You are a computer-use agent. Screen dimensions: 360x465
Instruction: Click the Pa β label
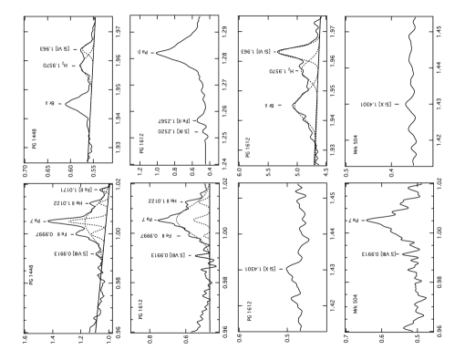click(x=142, y=52)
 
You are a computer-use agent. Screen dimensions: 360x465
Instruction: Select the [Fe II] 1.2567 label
click(x=174, y=120)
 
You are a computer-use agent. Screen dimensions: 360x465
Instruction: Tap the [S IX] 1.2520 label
click(x=173, y=131)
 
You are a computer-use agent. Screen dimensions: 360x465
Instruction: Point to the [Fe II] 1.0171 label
click(x=74, y=190)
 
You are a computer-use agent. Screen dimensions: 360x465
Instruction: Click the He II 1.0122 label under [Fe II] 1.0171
click(x=67, y=203)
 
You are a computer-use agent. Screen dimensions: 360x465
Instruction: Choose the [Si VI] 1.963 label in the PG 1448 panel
click(x=56, y=49)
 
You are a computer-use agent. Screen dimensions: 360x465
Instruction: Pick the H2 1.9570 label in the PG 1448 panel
click(x=56, y=66)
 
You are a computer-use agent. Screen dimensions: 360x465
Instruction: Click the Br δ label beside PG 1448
click(x=49, y=103)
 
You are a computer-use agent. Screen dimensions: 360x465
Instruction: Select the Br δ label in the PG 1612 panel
click(x=269, y=106)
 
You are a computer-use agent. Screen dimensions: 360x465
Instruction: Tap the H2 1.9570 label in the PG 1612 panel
click(x=281, y=71)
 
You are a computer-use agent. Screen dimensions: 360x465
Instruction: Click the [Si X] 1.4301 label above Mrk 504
click(x=376, y=105)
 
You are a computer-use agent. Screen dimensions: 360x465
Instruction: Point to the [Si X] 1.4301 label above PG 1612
click(x=260, y=269)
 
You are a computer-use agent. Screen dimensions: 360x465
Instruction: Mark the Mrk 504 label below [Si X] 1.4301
click(x=356, y=145)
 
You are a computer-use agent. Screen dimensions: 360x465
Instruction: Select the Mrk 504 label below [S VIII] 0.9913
click(x=355, y=304)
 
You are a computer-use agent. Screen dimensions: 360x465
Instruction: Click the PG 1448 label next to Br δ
click(x=34, y=139)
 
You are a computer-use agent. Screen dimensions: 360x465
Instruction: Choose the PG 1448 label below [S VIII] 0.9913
click(x=31, y=275)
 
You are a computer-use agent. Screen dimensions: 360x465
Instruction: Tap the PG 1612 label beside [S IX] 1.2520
click(x=141, y=143)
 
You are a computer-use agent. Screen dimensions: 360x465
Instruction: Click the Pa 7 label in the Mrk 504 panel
click(x=353, y=221)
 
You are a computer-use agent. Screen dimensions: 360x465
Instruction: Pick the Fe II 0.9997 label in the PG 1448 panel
click(x=50, y=234)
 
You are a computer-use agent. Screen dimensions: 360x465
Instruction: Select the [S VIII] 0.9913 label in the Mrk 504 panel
click(x=378, y=254)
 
